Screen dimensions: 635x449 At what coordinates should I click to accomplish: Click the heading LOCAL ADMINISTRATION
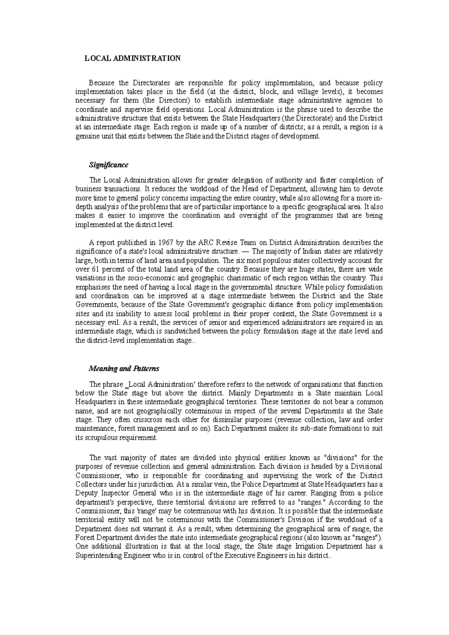132,58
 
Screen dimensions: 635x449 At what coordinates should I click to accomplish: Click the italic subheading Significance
108,165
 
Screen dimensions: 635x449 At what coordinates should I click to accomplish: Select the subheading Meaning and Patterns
123,369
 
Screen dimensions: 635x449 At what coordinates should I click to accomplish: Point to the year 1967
164,242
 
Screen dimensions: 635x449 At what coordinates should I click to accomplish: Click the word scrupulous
101,438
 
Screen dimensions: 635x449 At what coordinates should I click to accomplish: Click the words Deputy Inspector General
113,493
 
